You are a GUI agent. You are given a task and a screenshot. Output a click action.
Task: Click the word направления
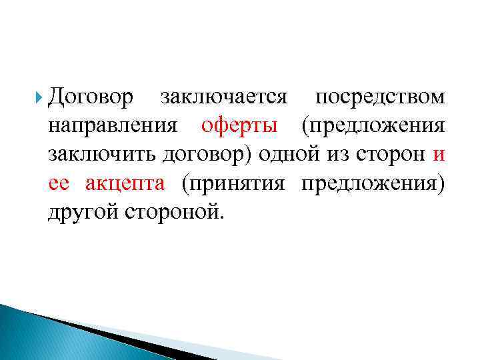113,126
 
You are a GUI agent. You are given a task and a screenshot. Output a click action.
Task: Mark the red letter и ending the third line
438,155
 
